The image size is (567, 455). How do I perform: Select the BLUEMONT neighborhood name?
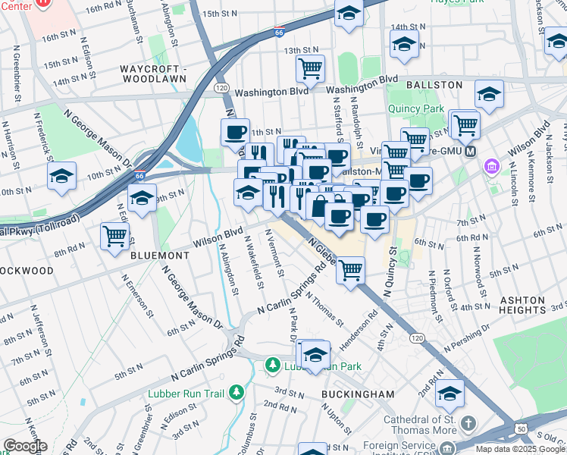159,256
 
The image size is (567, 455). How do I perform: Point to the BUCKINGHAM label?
358,394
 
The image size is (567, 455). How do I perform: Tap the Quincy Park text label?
415,108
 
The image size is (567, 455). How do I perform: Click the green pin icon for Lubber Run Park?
272,366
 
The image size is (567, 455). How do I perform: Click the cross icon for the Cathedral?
468,422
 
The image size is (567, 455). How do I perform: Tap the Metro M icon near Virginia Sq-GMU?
471,150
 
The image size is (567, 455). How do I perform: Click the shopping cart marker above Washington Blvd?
310,69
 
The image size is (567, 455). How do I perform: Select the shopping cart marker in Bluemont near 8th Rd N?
114,235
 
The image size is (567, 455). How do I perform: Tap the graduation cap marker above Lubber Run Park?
315,353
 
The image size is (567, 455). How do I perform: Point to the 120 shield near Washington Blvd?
221,88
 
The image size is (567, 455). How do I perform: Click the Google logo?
25,447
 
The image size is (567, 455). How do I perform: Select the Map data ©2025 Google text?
520,449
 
